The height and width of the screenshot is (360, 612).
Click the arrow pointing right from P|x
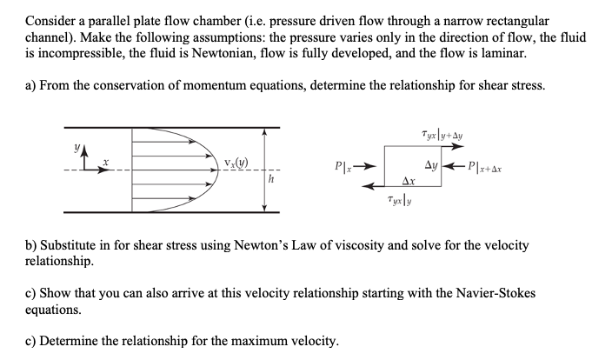pos(366,164)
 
